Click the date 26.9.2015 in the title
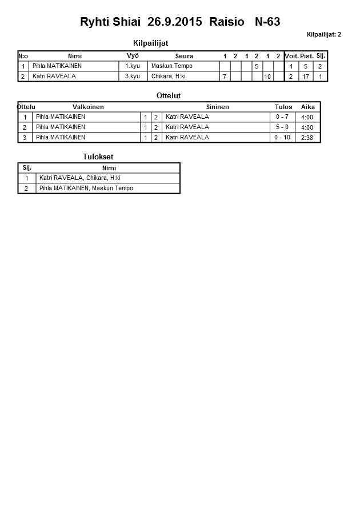pyautogui.click(x=175, y=22)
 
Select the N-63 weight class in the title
pyautogui.click(x=267, y=22)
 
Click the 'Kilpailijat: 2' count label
pyautogui.click(x=323, y=35)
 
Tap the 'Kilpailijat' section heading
pyautogui.click(x=150, y=43)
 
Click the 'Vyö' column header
pyautogui.click(x=133, y=56)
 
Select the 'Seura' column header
pyautogui.click(x=184, y=56)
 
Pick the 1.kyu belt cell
pyautogui.click(x=133, y=66)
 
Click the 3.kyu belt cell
pyautogui.click(x=133, y=76)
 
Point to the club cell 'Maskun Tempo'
pyautogui.click(x=171, y=66)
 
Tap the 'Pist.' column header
pyautogui.click(x=307, y=56)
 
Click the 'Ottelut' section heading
pyautogui.click(x=169, y=95)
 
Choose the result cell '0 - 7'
pyautogui.click(x=282, y=117)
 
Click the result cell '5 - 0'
pyautogui.click(x=282, y=127)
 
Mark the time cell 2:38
pyautogui.click(x=307, y=138)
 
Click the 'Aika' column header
pyautogui.click(x=308, y=107)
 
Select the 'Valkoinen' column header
pyautogui.click(x=88, y=107)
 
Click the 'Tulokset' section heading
pyautogui.click(x=98, y=157)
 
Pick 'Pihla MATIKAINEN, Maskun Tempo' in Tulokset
pyautogui.click(x=86, y=189)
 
